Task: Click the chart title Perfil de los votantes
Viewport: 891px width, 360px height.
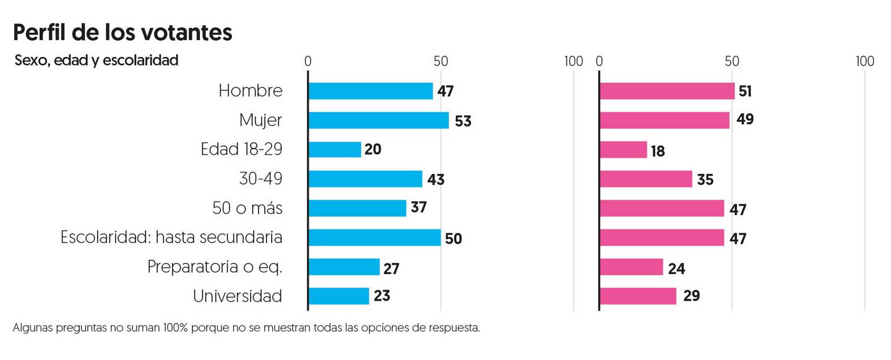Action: [x=123, y=32]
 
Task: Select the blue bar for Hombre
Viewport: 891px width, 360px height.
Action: [x=370, y=91]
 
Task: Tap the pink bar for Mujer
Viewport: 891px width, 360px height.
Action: [x=665, y=120]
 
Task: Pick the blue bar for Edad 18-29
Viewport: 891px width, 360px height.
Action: [x=335, y=150]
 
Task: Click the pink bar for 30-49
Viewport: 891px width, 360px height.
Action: [x=646, y=179]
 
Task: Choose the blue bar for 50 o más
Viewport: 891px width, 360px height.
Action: [x=357, y=208]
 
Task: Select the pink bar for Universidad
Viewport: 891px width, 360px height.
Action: [x=638, y=296]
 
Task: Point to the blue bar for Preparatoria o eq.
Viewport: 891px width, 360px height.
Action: [x=344, y=267]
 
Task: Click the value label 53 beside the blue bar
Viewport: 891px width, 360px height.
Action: [x=463, y=121]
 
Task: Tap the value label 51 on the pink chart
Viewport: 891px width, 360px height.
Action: [x=745, y=92]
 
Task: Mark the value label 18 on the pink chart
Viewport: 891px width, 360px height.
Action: [x=658, y=151]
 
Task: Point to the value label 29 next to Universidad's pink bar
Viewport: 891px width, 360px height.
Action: [x=691, y=297]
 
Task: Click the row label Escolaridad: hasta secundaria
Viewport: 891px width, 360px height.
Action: [x=171, y=238]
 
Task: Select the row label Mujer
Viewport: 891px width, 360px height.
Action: [x=260, y=120]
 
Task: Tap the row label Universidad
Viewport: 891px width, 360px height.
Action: [x=238, y=296]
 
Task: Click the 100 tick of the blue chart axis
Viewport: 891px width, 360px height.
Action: [x=574, y=61]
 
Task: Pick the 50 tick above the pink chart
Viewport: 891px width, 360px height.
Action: [x=732, y=61]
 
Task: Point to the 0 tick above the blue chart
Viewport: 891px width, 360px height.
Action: [x=308, y=61]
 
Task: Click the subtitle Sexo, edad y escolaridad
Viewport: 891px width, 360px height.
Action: [x=96, y=61]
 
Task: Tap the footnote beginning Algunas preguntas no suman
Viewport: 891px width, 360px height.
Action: [x=246, y=328]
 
